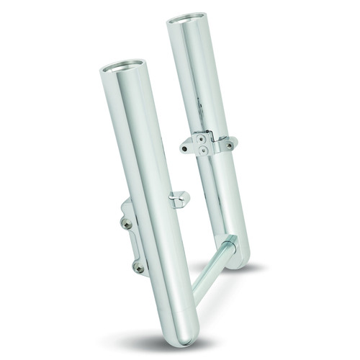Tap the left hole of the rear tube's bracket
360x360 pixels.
point(186,148)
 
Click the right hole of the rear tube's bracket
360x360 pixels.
point(229,145)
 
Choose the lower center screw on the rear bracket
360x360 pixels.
point(204,150)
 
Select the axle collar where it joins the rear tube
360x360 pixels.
point(230,246)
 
